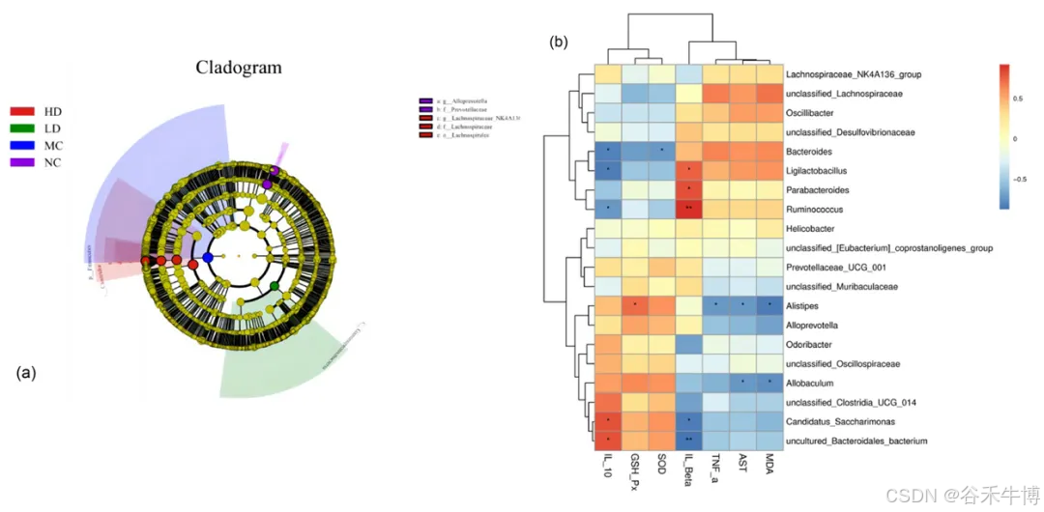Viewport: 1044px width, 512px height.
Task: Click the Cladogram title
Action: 239,68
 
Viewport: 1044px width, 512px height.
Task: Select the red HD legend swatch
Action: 22,112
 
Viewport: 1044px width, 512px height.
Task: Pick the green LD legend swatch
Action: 22,128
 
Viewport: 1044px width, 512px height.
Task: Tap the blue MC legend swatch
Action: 22,145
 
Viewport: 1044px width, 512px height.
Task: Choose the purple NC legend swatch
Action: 22,162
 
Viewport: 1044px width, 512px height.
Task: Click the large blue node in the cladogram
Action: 208,258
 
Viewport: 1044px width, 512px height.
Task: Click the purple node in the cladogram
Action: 268,184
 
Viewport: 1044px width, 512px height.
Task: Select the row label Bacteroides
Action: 815,152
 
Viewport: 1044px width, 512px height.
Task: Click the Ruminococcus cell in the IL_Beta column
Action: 688,209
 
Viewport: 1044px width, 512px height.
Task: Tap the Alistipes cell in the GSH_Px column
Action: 634,306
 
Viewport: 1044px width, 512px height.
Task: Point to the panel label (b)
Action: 559,43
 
